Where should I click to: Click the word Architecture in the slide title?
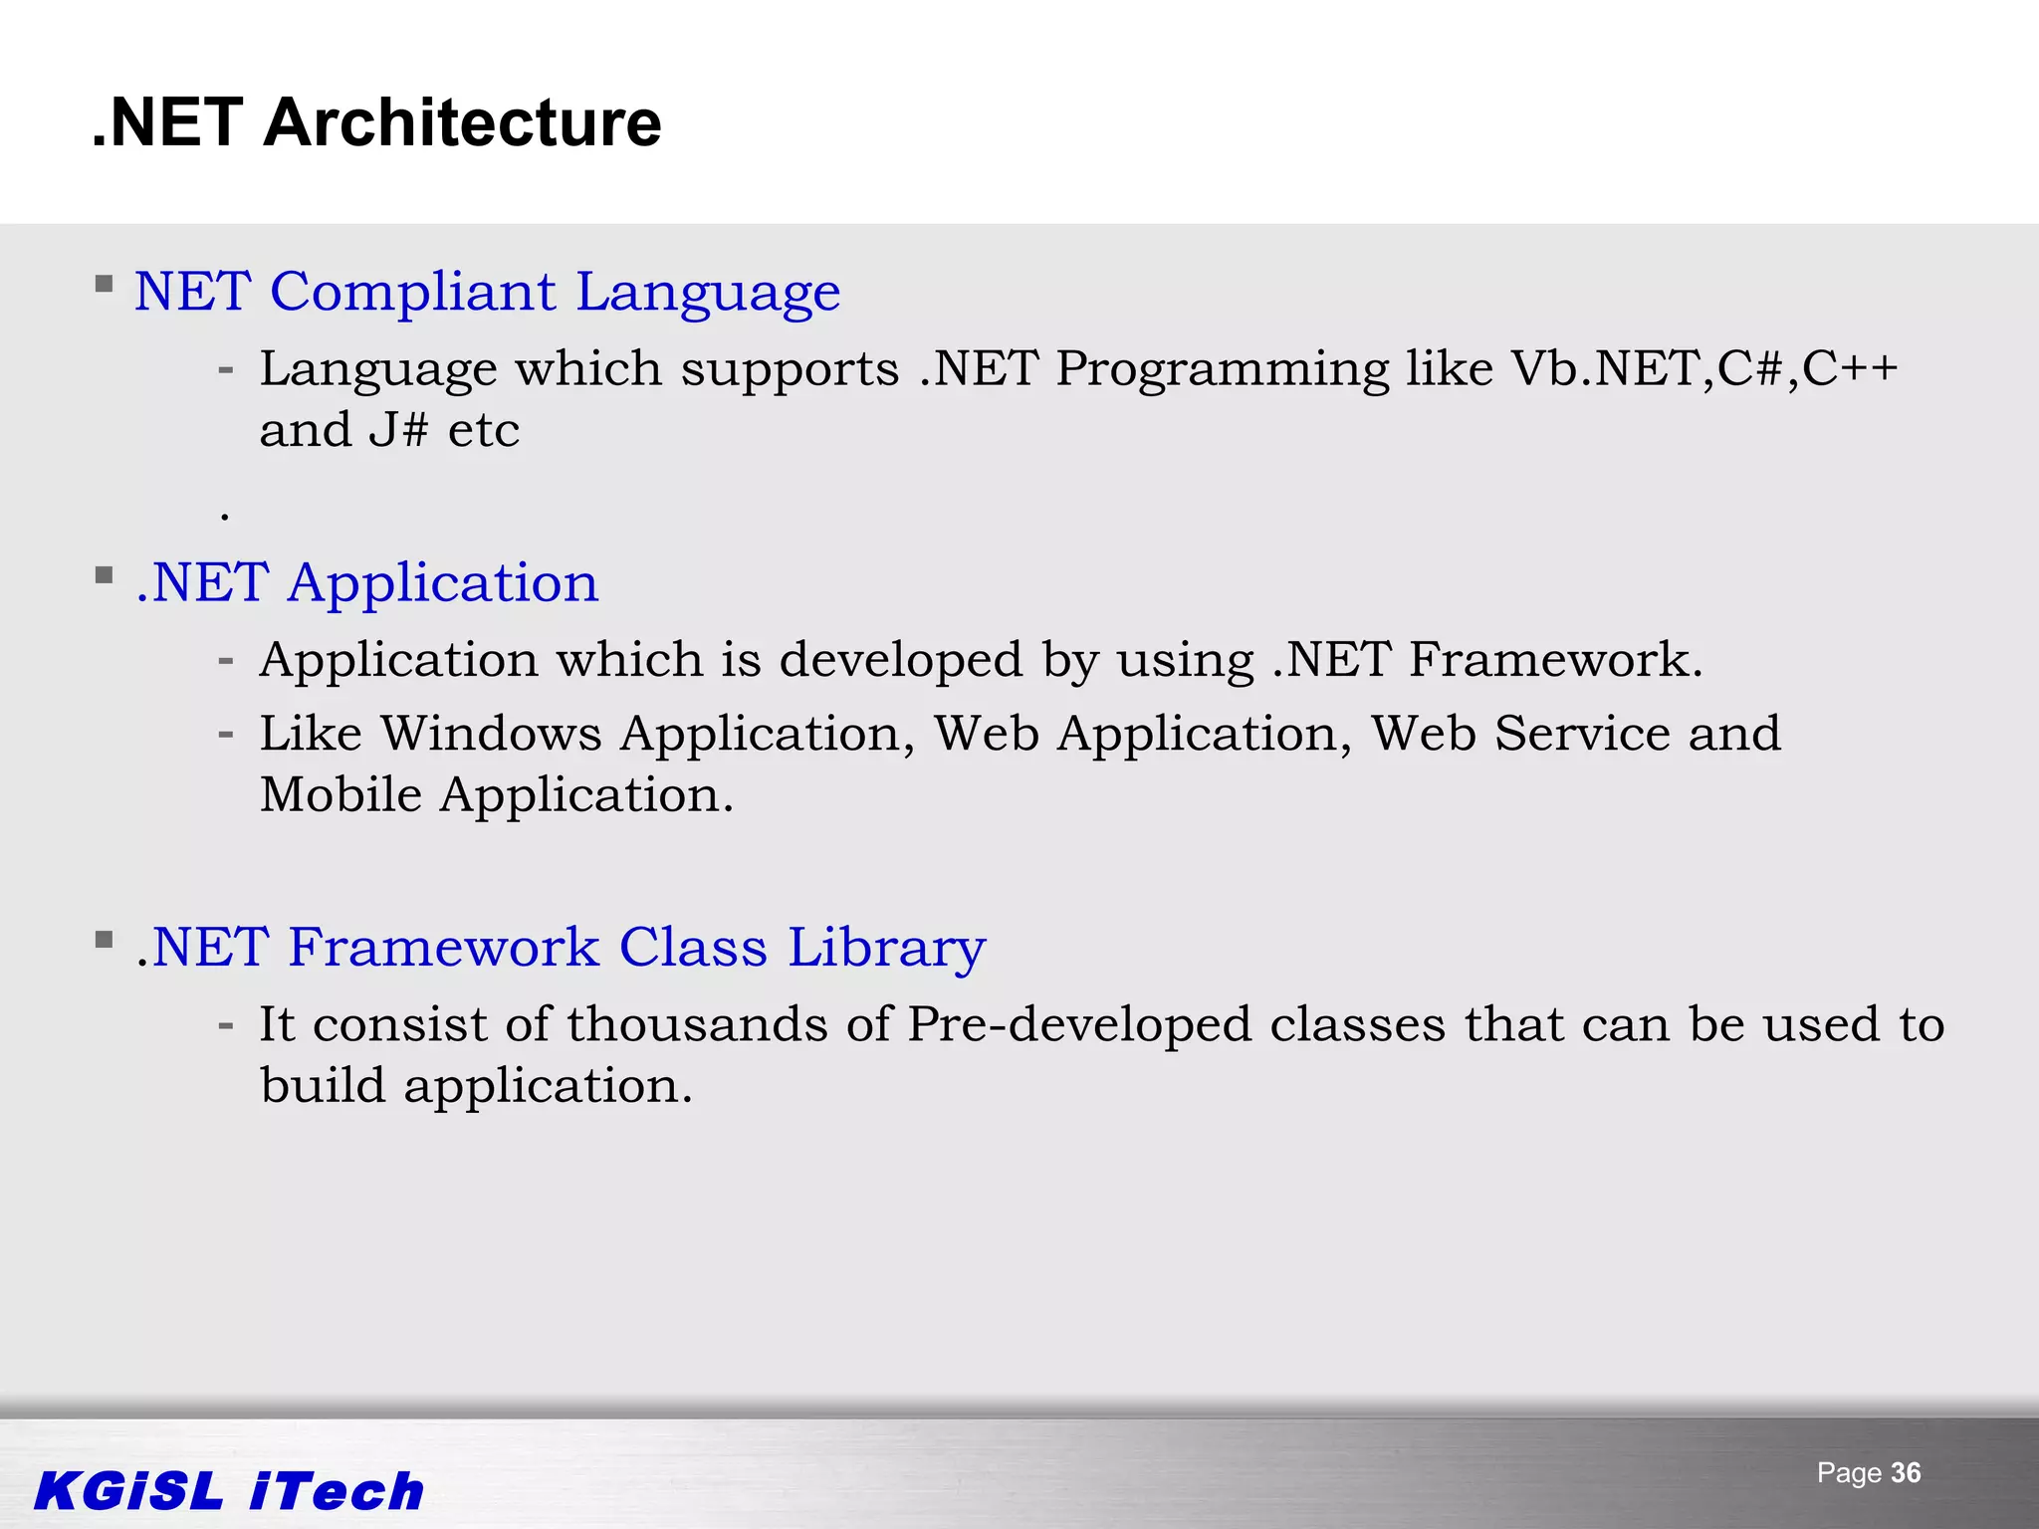462,123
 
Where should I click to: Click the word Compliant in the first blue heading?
412,293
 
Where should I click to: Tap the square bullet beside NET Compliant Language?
104,285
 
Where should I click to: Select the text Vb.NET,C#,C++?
1703,369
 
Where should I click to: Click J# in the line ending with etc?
398,431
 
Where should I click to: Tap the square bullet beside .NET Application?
104,575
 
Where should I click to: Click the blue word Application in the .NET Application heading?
443,584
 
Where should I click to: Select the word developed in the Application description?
901,661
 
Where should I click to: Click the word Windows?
491,735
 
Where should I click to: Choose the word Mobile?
340,795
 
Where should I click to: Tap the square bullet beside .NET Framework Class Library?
104,940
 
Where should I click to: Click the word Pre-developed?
1079,1025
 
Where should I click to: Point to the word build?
323,1086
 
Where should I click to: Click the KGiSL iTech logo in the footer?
229,1491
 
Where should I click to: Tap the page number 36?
1906,1473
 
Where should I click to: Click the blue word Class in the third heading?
693,947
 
